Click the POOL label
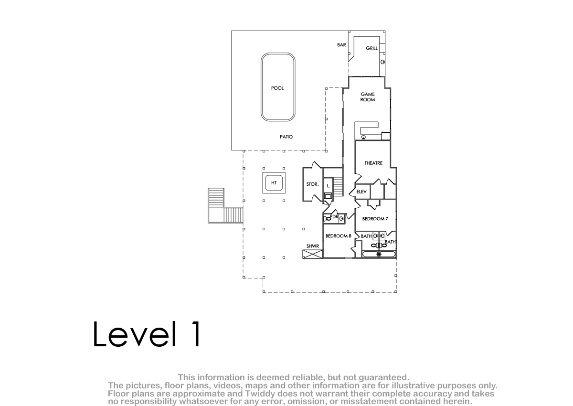277,88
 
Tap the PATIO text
286,137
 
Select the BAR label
341,45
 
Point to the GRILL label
371,48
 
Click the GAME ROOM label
368,97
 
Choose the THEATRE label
373,163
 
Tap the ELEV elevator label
361,192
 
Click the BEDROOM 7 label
375,219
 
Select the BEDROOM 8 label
338,236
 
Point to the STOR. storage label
312,184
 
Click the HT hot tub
274,182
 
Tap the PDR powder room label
334,217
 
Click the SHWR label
313,246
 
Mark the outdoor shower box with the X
313,254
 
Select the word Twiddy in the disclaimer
260,394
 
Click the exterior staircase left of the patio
225,206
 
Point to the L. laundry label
329,186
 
